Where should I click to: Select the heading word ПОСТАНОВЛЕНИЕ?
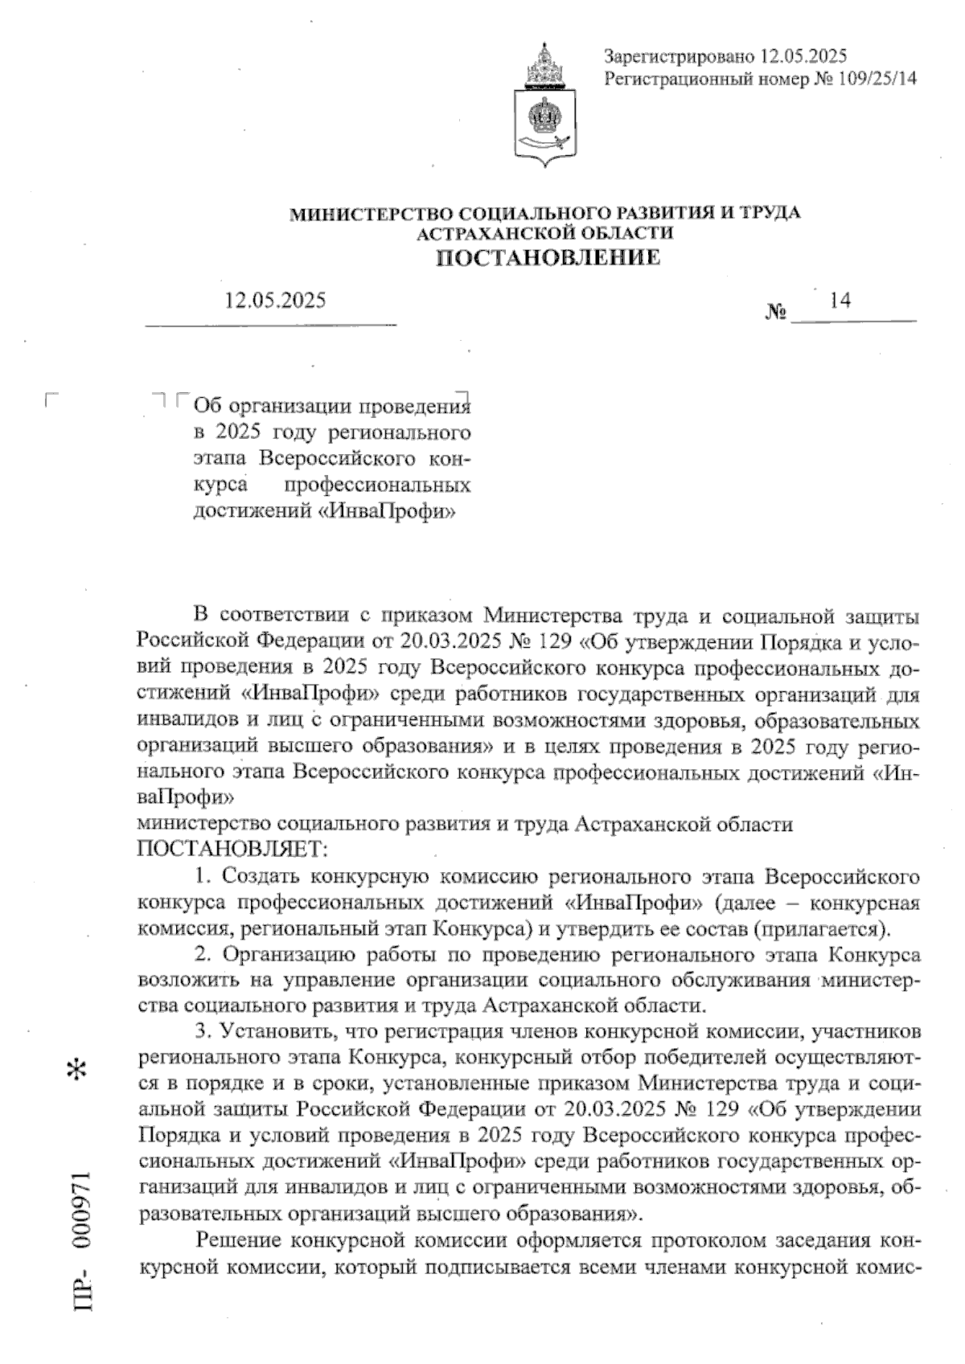[548, 258]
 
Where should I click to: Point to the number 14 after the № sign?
[840, 300]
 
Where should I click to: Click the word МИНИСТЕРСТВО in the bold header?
[371, 213]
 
